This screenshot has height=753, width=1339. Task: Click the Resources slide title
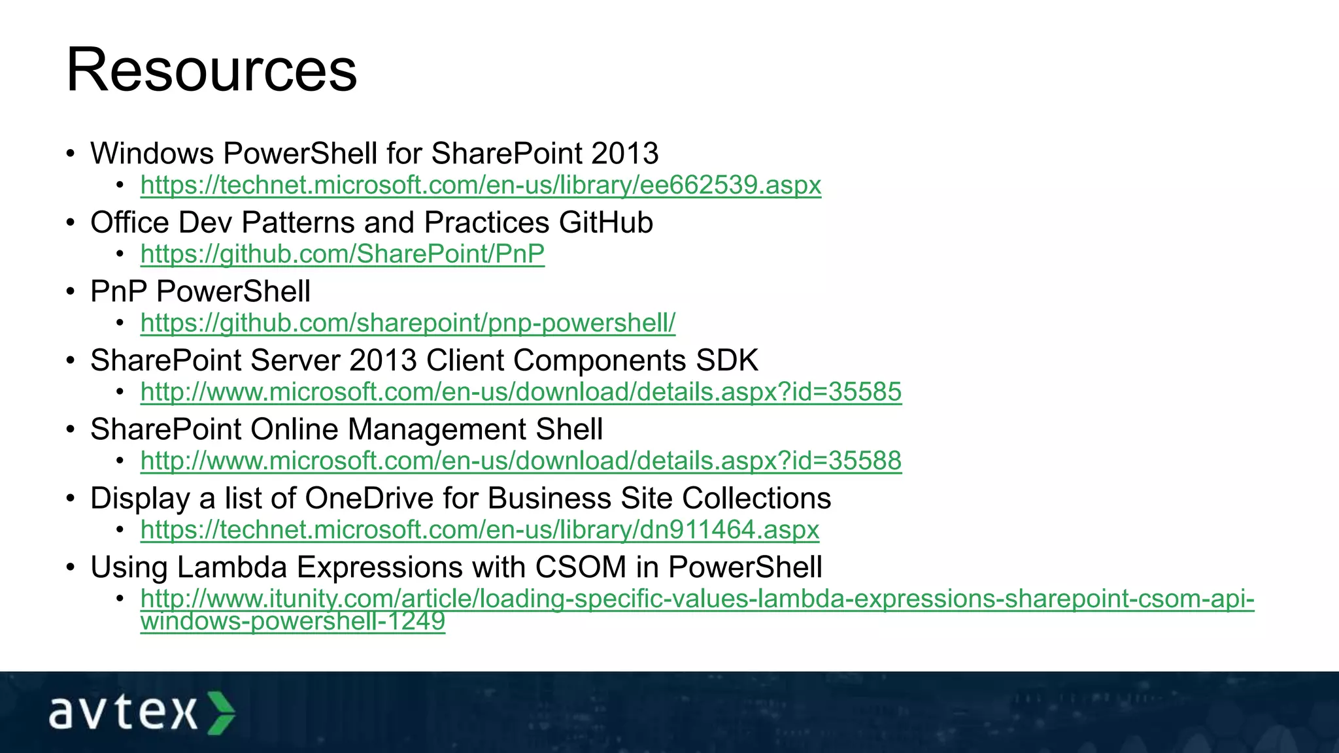[x=211, y=70]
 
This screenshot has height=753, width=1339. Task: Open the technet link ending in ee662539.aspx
[x=481, y=185]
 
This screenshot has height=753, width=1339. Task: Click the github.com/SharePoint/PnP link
[x=342, y=254]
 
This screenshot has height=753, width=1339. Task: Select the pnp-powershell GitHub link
[x=407, y=323]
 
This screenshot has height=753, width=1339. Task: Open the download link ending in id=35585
[x=520, y=392]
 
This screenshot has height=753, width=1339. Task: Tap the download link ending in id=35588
[x=520, y=461]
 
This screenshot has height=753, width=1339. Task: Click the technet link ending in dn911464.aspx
[x=479, y=529]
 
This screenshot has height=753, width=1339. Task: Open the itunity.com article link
[x=696, y=599]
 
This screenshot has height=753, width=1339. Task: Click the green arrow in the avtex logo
[x=221, y=712]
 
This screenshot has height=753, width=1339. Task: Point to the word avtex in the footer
[x=123, y=712]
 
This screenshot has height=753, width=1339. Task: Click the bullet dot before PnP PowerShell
[x=71, y=292]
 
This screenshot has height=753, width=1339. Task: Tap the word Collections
[x=756, y=499]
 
